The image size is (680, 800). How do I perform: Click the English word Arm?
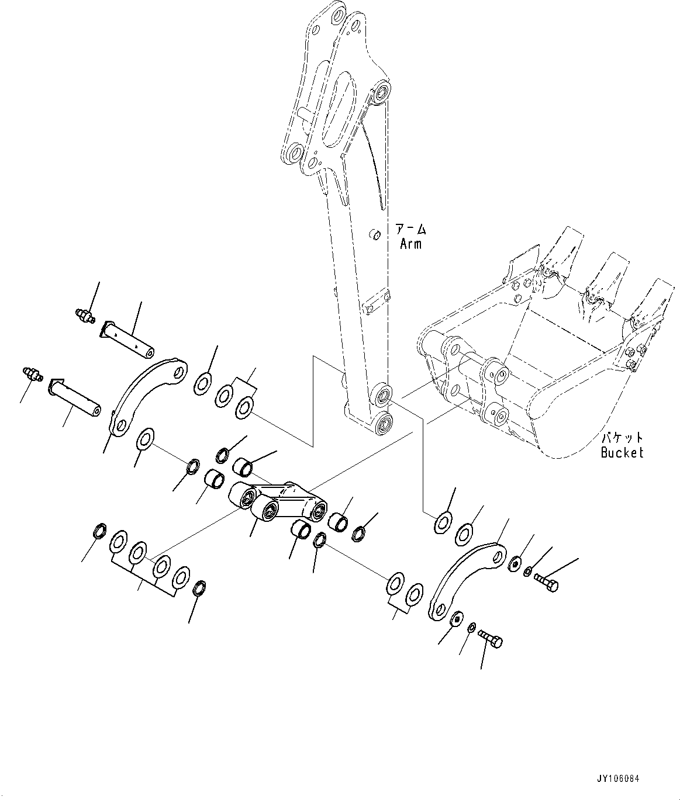tap(410, 244)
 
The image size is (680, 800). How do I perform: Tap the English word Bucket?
tap(622, 452)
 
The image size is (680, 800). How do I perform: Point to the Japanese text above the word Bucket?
tap(622, 438)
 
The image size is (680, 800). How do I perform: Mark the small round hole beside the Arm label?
tap(375, 235)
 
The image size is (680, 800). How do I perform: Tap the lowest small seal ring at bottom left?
tap(199, 588)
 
